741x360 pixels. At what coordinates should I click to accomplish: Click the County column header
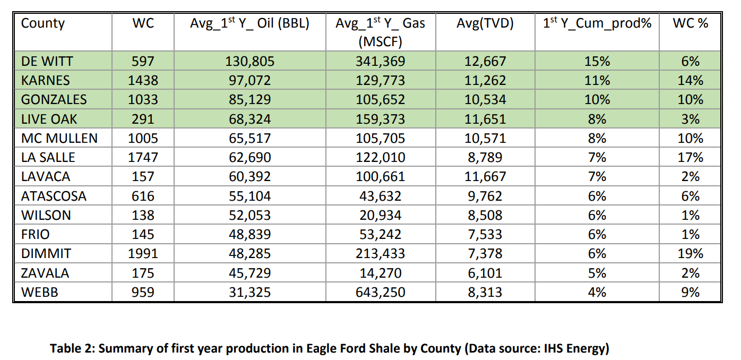point(42,24)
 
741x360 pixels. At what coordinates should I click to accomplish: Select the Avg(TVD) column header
point(485,23)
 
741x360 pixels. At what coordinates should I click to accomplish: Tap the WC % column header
point(691,23)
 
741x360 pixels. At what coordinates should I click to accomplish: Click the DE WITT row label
point(47,61)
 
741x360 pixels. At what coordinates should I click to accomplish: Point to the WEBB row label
point(40,292)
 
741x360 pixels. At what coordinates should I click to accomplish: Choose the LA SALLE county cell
point(48,157)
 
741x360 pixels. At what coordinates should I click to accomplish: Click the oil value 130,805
point(250,61)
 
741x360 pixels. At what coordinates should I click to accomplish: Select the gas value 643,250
point(381,292)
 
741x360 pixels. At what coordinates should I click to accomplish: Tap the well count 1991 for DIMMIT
point(143,253)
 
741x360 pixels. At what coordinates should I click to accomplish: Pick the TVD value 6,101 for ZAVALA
point(485,273)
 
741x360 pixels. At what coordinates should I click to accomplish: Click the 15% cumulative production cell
point(597,61)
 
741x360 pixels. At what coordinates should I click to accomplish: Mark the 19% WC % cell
point(691,253)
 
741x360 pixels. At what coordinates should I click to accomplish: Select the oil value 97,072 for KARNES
point(250,80)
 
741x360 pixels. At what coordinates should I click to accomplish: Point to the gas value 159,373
point(381,119)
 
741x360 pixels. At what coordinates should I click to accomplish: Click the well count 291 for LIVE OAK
point(143,119)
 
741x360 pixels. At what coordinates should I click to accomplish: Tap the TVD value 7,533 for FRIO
point(485,234)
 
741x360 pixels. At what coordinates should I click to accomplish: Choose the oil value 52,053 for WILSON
point(250,215)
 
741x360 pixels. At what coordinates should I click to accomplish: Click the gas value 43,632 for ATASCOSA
point(381,196)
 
